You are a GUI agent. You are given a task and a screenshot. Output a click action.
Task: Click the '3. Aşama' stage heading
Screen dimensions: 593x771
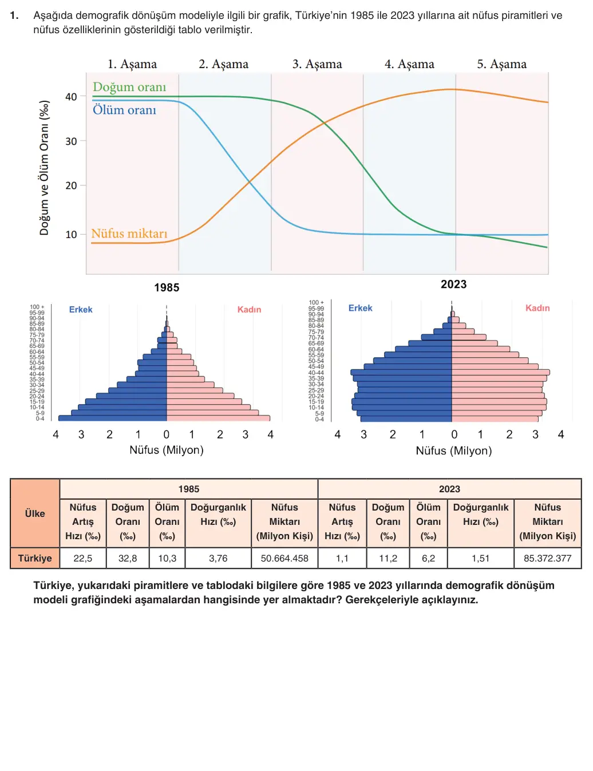[x=317, y=64]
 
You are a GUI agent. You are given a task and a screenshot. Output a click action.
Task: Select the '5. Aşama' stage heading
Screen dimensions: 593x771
[x=501, y=64]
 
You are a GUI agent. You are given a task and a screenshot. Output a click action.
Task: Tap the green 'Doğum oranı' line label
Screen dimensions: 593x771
[x=129, y=87]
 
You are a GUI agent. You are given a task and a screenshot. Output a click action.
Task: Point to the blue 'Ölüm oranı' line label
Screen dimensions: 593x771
[x=124, y=110]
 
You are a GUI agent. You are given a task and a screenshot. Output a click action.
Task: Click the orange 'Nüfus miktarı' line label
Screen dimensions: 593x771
[x=129, y=234]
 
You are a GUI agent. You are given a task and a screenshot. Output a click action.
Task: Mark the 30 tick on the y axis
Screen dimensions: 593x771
[x=72, y=141]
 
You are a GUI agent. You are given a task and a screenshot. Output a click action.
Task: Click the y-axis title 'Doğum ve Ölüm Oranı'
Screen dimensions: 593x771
[x=44, y=168]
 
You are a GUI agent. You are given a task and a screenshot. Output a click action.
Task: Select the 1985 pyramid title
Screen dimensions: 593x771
[x=167, y=287]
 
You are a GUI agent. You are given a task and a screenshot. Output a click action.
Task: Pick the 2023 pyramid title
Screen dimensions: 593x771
[x=453, y=284]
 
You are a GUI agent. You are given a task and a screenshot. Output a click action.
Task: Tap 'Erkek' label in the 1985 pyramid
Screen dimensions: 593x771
[x=81, y=310]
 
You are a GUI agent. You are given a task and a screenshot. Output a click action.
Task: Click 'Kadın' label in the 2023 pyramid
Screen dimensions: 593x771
[x=537, y=308]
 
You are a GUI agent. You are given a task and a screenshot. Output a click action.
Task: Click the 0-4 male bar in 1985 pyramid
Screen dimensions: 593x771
[x=112, y=418]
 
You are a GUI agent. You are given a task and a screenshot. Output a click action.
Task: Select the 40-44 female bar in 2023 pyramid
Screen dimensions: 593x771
[x=501, y=372]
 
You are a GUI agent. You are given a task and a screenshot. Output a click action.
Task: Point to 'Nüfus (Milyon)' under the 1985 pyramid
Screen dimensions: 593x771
[x=167, y=450]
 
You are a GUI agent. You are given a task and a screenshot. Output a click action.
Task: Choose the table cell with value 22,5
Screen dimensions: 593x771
[x=82, y=558]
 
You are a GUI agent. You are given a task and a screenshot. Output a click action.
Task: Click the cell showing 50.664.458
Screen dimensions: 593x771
[x=284, y=558]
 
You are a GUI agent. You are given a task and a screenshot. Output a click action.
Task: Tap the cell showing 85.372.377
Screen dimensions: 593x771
[x=548, y=558]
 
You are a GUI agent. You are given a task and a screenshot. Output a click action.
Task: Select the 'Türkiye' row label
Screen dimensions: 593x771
[x=35, y=558]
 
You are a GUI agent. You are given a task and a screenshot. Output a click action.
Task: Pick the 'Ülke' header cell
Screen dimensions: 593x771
[x=35, y=513]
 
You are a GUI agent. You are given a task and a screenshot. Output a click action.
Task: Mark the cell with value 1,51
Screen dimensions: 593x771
[x=481, y=558]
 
